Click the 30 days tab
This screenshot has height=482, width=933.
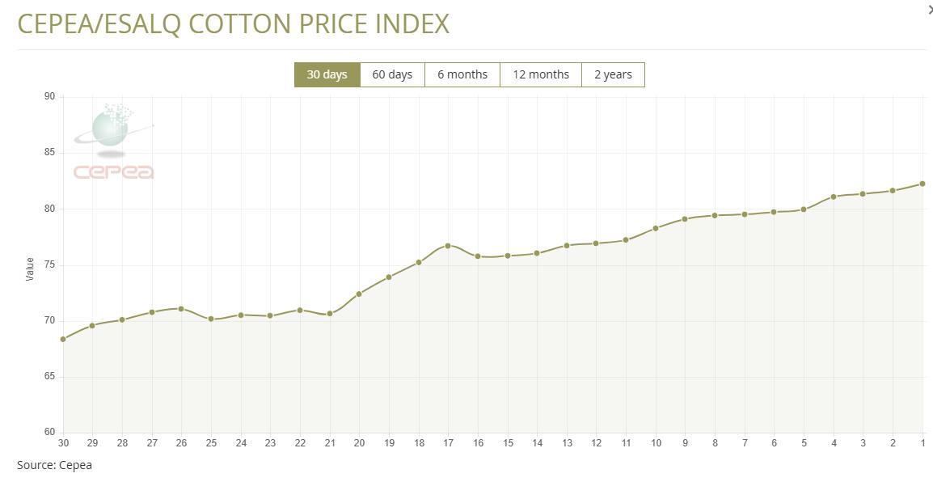[x=327, y=74]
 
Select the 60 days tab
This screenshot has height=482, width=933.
[x=392, y=74]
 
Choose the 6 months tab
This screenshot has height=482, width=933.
[x=462, y=74]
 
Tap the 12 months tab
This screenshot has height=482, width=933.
[x=541, y=74]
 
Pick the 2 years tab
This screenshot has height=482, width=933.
[x=613, y=74]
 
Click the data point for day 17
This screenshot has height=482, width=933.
[x=448, y=246]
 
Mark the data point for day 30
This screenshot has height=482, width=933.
[x=63, y=339]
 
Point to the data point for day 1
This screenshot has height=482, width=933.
[x=922, y=184]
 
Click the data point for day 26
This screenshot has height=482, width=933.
[x=181, y=309]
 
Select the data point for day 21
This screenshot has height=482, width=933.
[x=330, y=314]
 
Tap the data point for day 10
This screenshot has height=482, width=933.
[x=656, y=228]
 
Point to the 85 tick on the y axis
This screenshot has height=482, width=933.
[x=50, y=153]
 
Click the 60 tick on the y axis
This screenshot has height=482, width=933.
[x=50, y=432]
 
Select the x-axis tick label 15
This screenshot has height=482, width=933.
[x=508, y=443]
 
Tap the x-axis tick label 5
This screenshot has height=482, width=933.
[x=804, y=443]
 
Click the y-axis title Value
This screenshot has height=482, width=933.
[x=31, y=268]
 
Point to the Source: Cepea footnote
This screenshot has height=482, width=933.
[x=54, y=465]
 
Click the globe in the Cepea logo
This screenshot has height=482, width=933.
[x=109, y=129]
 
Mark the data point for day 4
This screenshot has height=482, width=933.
[x=834, y=197]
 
